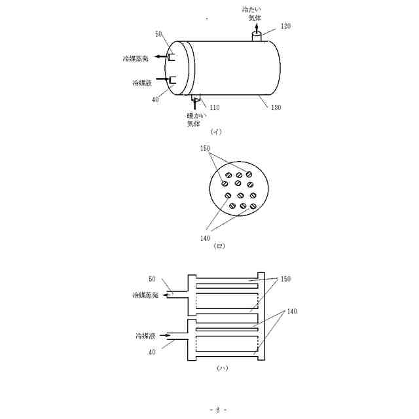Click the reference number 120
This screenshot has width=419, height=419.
286,26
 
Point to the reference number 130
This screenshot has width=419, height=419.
277,109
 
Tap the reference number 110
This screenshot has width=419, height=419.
214,107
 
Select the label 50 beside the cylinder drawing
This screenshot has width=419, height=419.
158,33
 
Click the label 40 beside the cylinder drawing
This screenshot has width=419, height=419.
155,100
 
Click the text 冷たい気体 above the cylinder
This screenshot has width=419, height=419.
255,14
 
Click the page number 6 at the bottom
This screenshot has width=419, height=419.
218,409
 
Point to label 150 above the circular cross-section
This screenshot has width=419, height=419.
205,149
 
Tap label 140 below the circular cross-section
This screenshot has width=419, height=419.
205,238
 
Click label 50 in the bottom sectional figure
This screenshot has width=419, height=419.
152,278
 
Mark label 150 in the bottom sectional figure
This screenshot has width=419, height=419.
286,278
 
